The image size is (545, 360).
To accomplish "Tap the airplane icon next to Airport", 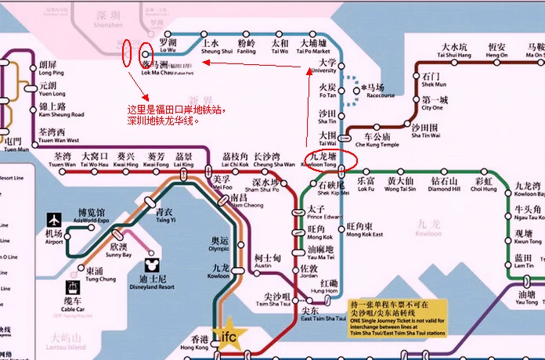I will click(54, 218).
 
